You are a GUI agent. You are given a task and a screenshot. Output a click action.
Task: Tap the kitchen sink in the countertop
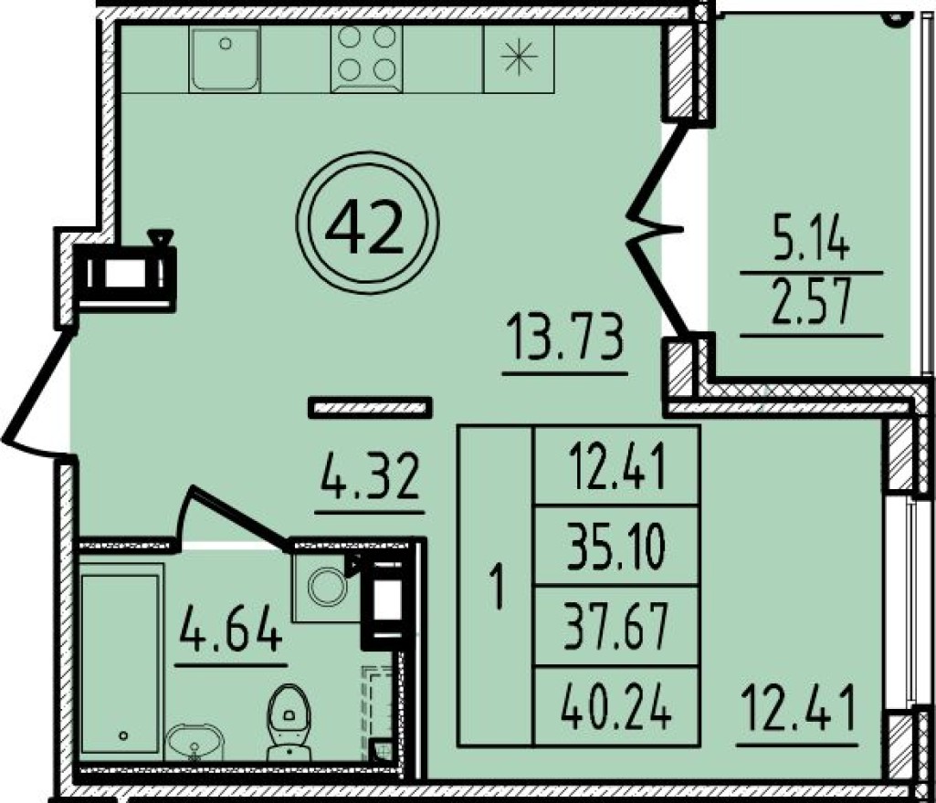point(225,58)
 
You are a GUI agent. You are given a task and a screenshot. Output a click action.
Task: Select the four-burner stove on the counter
point(366,58)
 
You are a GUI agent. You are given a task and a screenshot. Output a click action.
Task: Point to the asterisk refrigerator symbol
point(519,57)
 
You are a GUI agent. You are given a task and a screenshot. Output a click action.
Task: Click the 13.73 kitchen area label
point(564,339)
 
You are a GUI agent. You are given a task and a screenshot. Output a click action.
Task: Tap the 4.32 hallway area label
point(370,476)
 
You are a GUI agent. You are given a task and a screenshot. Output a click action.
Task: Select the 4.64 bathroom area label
point(231,628)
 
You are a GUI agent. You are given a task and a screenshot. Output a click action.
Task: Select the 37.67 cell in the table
point(616,626)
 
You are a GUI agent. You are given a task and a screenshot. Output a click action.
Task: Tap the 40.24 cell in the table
point(616,706)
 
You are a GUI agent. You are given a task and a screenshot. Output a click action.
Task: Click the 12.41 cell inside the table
point(616,466)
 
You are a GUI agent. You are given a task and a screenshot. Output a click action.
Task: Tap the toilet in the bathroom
point(287,723)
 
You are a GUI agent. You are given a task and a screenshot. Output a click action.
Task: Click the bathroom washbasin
point(193,742)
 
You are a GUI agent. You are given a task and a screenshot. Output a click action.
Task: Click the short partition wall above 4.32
point(370,408)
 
